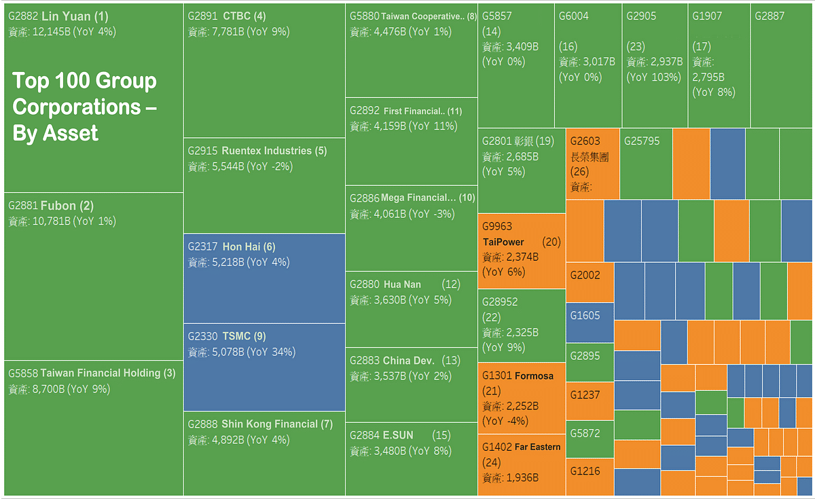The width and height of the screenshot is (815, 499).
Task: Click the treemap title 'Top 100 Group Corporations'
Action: click(x=85, y=107)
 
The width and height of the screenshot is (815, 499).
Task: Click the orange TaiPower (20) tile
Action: click(x=522, y=250)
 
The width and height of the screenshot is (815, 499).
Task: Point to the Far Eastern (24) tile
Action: click(x=522, y=464)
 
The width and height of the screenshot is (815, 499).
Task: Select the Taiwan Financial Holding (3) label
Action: click(x=92, y=373)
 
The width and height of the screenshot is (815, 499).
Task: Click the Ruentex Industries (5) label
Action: click(x=257, y=151)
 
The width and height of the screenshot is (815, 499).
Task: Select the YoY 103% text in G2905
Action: click(x=653, y=77)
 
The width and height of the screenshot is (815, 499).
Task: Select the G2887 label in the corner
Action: click(x=769, y=16)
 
